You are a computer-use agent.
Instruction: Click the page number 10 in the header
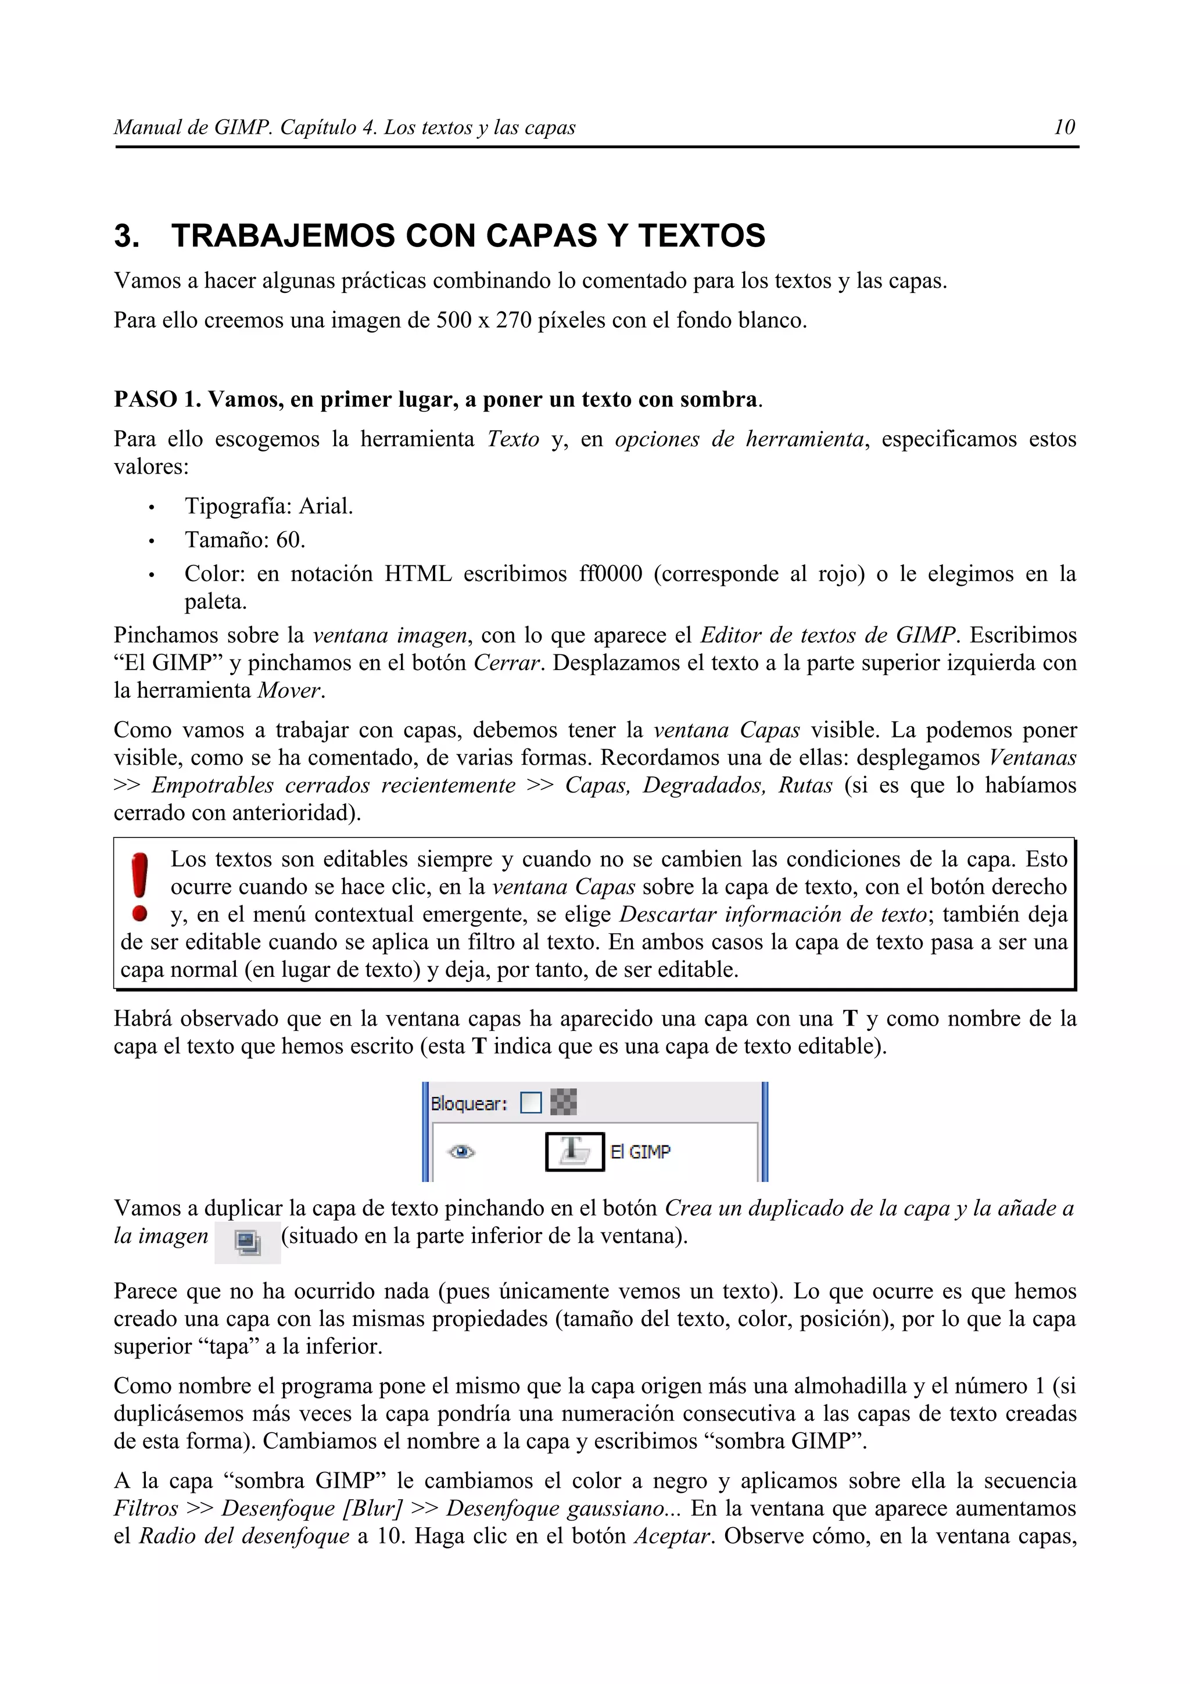[x=1064, y=128]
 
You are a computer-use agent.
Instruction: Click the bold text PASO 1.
[x=157, y=400]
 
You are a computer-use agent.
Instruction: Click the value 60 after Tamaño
[x=288, y=540]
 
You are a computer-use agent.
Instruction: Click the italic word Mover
[x=289, y=691]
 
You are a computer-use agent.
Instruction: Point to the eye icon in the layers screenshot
[x=461, y=1152]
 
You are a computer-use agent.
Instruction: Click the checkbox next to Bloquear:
[x=530, y=1103]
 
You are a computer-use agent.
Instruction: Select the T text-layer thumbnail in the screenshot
[x=574, y=1152]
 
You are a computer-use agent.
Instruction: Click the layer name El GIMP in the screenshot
[x=640, y=1152]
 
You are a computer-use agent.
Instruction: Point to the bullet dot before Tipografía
[x=151, y=507]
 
